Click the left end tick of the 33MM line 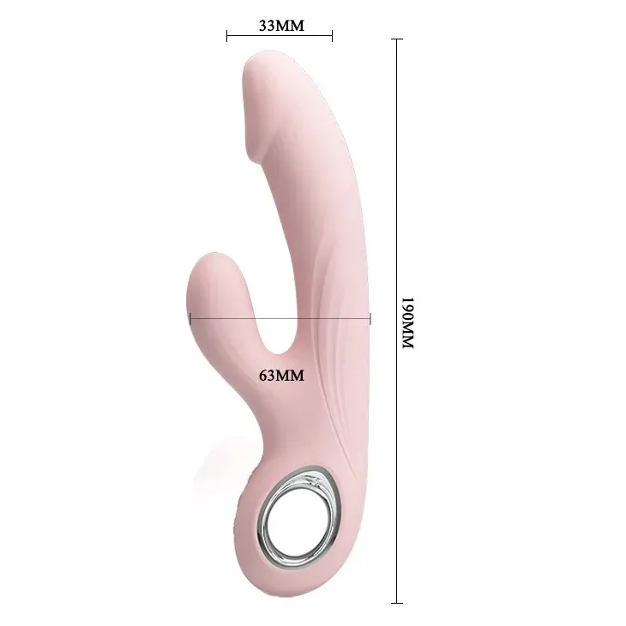(227, 36)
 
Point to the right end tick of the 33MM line (332, 36)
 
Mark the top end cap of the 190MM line (397, 39)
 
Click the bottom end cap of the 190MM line (397, 603)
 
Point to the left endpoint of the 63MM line (190, 318)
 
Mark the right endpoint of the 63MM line (370, 318)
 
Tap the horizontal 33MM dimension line (280, 36)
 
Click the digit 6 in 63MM (263, 375)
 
